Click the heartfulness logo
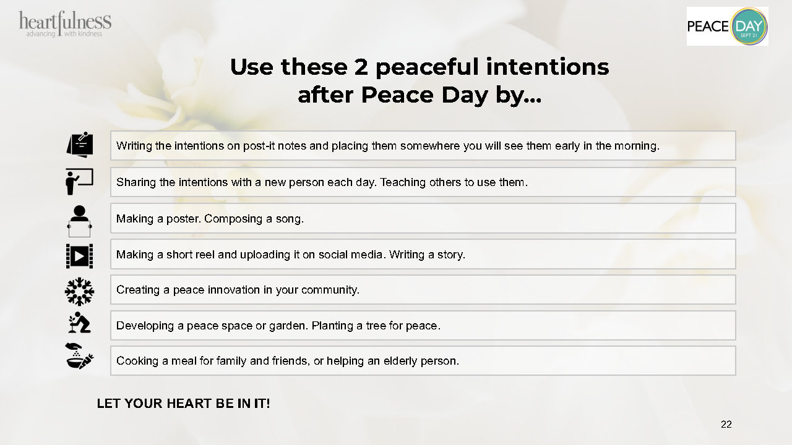point(65,24)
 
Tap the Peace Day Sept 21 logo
point(727,26)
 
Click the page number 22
point(726,424)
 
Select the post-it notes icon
point(80,145)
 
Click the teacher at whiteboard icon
point(79,182)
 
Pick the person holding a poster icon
point(79,221)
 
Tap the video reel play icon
point(80,256)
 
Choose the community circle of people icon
point(79,291)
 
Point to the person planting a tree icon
point(79,322)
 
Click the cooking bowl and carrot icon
point(79,356)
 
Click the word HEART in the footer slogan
point(187,404)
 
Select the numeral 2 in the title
point(361,67)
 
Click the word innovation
point(233,290)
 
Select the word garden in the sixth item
point(288,326)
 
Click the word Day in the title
point(465,96)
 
